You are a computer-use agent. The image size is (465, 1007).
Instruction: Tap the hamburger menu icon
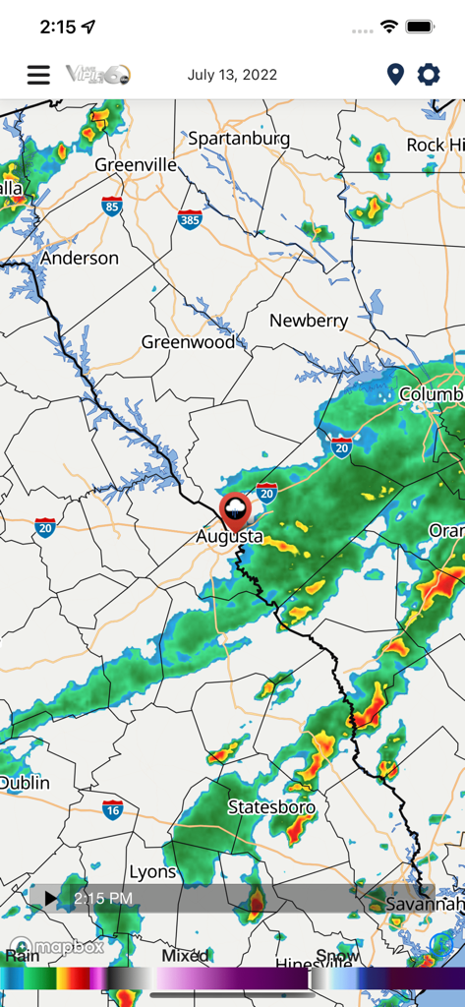(x=38, y=75)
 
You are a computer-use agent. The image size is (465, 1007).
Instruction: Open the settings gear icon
(x=429, y=75)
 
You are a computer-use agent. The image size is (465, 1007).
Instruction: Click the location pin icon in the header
(x=395, y=75)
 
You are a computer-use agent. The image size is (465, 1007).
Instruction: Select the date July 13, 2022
(x=232, y=75)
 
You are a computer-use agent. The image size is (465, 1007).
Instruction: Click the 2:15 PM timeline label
(x=103, y=898)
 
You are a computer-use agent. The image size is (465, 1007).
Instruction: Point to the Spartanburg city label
(x=239, y=139)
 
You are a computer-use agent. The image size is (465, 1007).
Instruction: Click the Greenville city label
(x=136, y=165)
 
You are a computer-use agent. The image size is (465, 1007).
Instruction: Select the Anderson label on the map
(x=79, y=259)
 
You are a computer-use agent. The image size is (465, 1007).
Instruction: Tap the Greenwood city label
(x=188, y=342)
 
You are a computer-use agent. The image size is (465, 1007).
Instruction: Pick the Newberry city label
(x=309, y=321)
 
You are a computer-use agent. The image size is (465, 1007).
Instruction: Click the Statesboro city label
(x=271, y=807)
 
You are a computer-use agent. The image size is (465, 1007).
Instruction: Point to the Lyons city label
(x=152, y=871)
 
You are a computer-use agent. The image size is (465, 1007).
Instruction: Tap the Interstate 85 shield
(x=112, y=207)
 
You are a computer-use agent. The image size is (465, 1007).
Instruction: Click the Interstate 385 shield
(x=190, y=220)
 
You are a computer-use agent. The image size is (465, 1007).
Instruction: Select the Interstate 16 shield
(x=112, y=810)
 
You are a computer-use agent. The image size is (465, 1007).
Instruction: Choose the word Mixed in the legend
(x=185, y=955)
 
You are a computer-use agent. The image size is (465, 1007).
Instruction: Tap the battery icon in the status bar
(x=421, y=28)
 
